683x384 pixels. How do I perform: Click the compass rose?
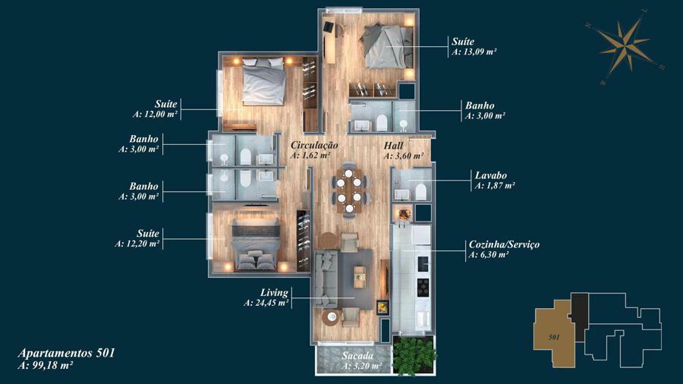pos(625,46)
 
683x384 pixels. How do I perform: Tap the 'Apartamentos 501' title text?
pos(66,352)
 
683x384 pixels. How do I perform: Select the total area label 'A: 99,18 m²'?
pos(46,365)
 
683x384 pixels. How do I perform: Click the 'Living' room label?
pos(275,293)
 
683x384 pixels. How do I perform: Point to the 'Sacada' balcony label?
pos(357,356)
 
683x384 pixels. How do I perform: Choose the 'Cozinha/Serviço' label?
pos(504,244)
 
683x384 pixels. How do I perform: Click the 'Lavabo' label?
pos(491,175)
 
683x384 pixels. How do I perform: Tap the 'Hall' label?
pos(393,146)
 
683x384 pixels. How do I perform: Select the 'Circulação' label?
pos(314,146)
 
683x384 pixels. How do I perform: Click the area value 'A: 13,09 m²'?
pos(475,52)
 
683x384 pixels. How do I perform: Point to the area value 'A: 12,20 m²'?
pos(137,244)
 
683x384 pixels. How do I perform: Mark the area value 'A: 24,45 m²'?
pos(266,303)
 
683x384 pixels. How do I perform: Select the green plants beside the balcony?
pos(414,355)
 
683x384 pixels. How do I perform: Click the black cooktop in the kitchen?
pos(423,287)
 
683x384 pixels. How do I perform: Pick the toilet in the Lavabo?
pos(420,192)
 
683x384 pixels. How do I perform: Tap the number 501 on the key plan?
pos(554,337)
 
